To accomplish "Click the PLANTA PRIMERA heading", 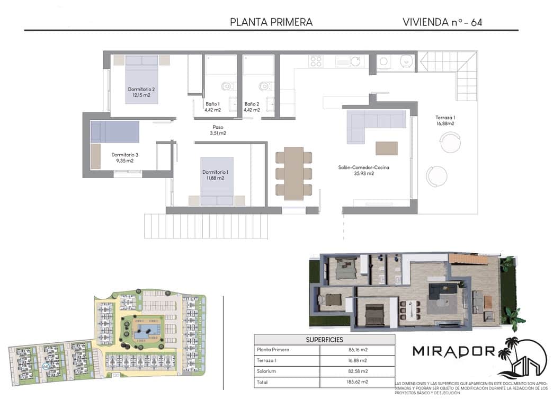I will pos(271,22).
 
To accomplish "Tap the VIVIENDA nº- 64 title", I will pos(442,22).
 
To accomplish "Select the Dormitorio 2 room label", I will pos(141,92).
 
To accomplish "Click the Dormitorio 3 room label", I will pos(124,157).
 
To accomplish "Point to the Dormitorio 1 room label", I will pos(216,175).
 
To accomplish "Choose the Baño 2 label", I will pos(252,107).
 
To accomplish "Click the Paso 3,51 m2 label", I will pos(219,130).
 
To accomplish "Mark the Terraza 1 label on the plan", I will pos(445,120).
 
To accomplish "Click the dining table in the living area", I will pos(293,173).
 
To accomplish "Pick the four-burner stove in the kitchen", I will pos(316,61).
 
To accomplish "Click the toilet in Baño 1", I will pos(227,86).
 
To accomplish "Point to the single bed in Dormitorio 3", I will pos(115,132).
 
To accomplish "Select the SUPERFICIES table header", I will pos(324,340).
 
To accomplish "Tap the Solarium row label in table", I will pos(267,371).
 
